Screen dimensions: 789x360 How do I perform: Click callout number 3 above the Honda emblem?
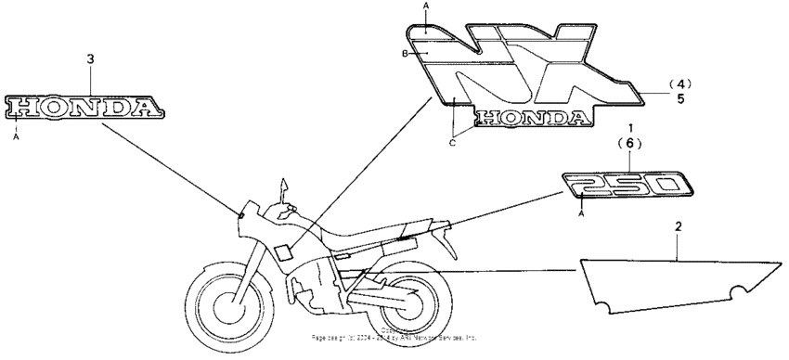click(90, 59)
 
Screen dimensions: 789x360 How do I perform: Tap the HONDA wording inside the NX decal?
click(529, 118)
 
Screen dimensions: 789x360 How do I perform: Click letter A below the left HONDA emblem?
click(16, 136)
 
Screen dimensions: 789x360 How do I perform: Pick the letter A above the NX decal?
click(426, 6)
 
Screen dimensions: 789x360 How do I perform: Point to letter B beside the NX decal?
click(406, 55)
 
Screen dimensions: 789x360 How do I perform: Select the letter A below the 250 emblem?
click(582, 212)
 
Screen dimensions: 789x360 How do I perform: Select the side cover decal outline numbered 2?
click(677, 282)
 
